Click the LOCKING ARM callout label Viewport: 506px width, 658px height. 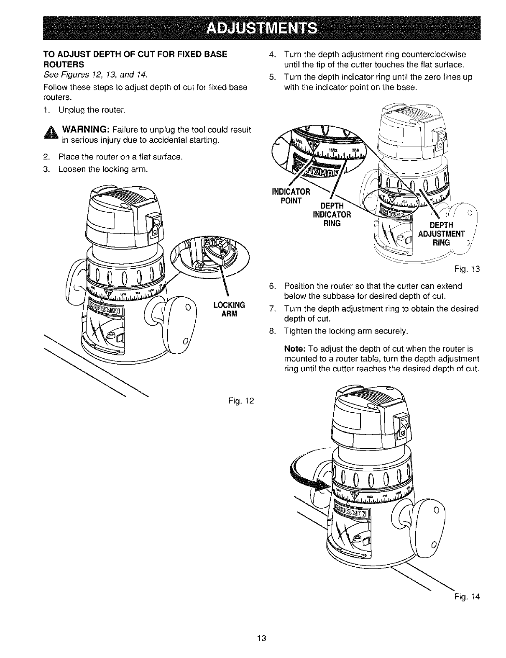click(x=229, y=307)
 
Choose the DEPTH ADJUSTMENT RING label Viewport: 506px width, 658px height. click(x=441, y=233)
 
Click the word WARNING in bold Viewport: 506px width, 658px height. click(x=87, y=129)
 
